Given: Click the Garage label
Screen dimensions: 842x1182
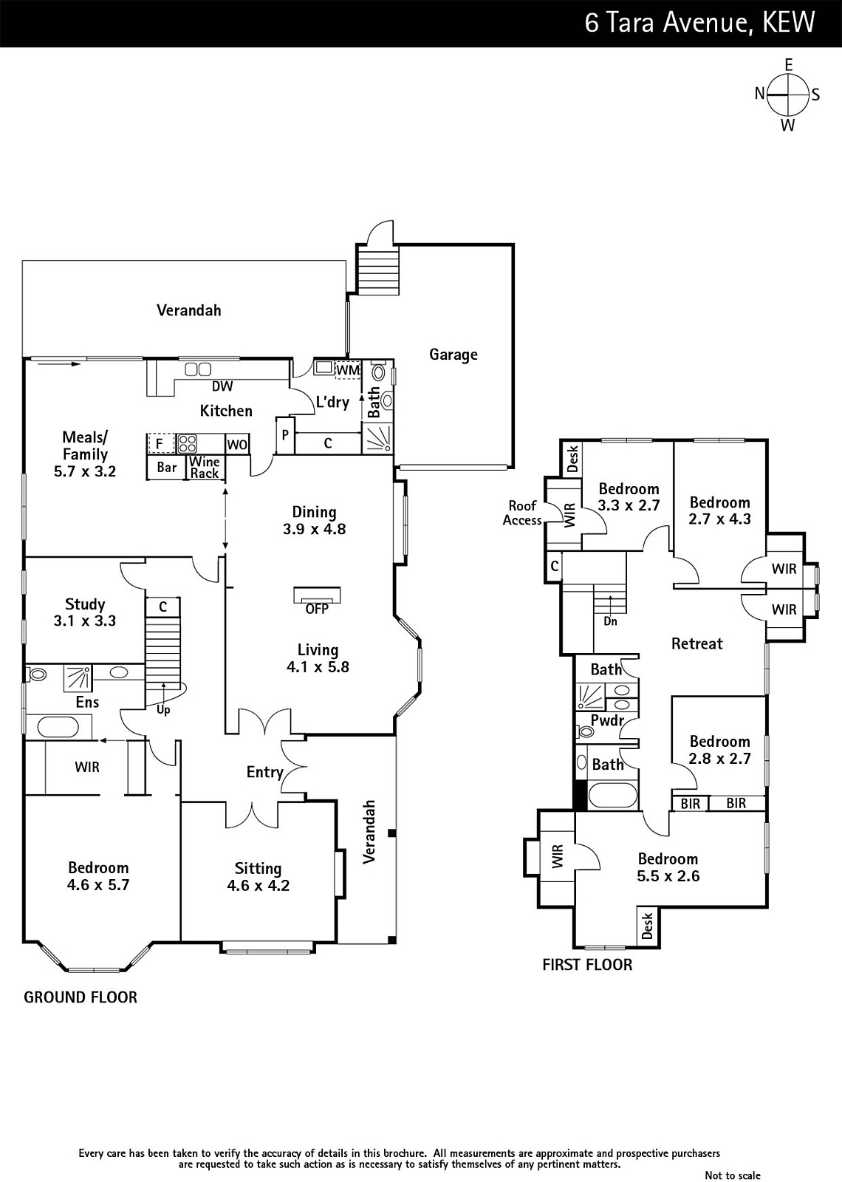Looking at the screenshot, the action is click(x=453, y=355).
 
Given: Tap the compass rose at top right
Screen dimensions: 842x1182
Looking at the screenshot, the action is click(x=787, y=95).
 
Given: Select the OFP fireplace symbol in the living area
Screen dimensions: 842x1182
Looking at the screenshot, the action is click(x=317, y=595).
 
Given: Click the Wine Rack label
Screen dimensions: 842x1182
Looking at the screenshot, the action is click(x=204, y=467).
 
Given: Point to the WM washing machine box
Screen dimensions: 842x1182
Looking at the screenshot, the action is click(x=348, y=370).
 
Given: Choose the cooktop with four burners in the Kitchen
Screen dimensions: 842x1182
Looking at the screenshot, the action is click(x=187, y=443).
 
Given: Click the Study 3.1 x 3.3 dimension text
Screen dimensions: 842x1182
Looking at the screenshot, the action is click(x=85, y=621).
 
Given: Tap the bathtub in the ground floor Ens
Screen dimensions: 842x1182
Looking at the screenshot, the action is click(x=58, y=728).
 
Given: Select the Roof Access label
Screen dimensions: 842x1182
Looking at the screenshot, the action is click(x=522, y=513).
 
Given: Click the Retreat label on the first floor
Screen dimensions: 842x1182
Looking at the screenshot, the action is click(x=697, y=643).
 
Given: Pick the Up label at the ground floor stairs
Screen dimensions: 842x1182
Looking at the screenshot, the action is click(x=163, y=710).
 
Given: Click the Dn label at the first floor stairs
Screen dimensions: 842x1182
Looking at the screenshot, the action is click(x=610, y=621).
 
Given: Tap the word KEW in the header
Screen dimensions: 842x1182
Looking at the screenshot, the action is click(x=788, y=23).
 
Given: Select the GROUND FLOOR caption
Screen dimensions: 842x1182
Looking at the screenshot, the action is click(x=81, y=997).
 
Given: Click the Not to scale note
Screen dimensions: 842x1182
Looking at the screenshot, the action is click(x=732, y=1175).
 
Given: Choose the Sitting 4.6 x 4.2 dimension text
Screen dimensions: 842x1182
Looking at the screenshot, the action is click(x=259, y=885).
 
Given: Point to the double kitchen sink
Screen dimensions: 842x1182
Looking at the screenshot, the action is click(x=198, y=369).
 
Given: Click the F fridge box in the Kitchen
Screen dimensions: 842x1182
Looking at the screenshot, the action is click(x=160, y=444).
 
